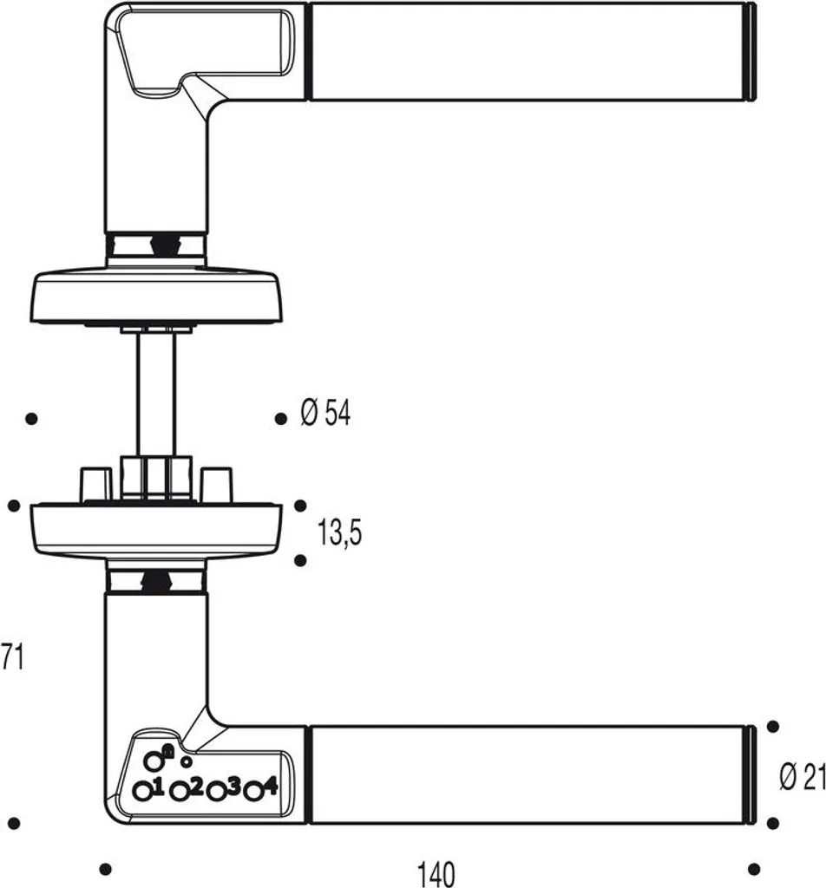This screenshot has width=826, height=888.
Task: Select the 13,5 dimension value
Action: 339,533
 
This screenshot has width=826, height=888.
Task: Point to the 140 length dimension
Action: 436,874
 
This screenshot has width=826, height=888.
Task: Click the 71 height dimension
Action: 12,657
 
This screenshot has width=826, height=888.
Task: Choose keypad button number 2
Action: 180,791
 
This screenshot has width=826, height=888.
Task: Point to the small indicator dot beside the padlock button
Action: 186,761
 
